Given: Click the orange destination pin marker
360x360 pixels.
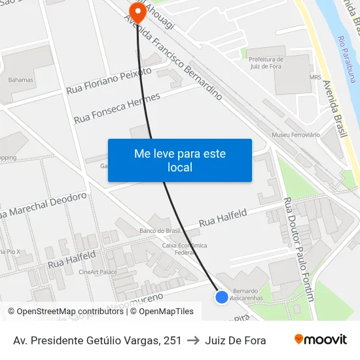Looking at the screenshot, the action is tap(137, 11).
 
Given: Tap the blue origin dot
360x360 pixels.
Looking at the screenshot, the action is tap(222, 297).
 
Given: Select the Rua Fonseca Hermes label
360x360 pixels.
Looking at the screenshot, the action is tap(117, 109).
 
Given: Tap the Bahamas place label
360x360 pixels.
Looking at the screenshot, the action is tap(21, 80).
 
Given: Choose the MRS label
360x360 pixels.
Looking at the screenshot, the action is tap(315, 77).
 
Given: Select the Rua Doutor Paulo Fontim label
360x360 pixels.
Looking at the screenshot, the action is tap(299, 249).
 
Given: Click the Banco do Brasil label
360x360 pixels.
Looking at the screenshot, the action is tap(160, 231).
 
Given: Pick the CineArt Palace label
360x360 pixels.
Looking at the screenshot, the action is tap(98, 272).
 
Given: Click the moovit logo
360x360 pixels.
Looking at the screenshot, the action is tap(321, 340).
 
